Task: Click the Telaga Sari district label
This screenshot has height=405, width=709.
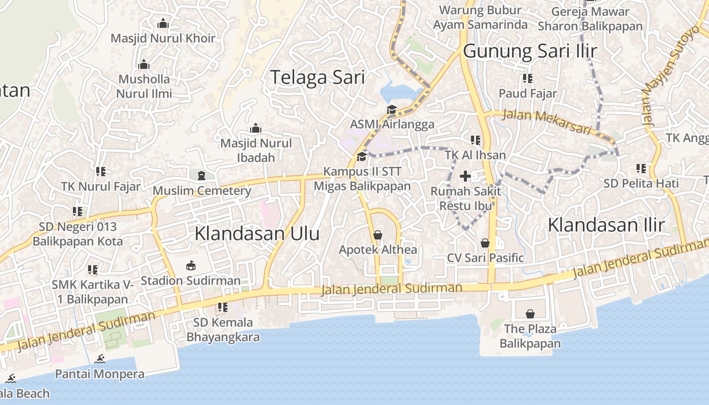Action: [x=317, y=77]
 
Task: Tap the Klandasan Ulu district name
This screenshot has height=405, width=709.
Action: [x=257, y=233]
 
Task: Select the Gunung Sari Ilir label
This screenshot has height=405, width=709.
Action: [x=530, y=51]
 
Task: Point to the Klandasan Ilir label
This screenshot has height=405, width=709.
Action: [x=606, y=225]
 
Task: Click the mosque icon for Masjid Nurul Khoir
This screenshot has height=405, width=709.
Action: [x=163, y=24]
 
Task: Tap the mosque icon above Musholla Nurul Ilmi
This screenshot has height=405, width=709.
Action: [x=144, y=65]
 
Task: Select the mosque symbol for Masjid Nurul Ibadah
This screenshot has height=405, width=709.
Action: [x=256, y=129]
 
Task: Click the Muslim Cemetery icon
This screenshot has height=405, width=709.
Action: [x=202, y=176]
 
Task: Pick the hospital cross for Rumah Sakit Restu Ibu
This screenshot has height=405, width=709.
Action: [x=465, y=176]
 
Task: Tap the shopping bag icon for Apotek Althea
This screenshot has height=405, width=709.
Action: [x=377, y=235]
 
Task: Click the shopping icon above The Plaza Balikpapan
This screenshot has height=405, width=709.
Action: [x=530, y=314]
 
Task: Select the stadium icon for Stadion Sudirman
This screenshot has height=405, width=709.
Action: [x=190, y=265]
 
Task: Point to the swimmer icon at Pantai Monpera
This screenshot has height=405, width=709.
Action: [x=100, y=359]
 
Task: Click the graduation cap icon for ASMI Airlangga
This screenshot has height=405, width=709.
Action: [x=391, y=110]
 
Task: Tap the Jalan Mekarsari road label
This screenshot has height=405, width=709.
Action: [x=547, y=122]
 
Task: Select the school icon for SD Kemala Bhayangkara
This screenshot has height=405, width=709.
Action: [x=222, y=307]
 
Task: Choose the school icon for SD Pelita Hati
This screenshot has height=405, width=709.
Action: [x=641, y=168]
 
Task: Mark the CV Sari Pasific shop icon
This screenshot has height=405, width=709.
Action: [x=485, y=243]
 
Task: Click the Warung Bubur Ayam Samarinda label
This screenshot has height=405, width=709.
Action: [x=480, y=17]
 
